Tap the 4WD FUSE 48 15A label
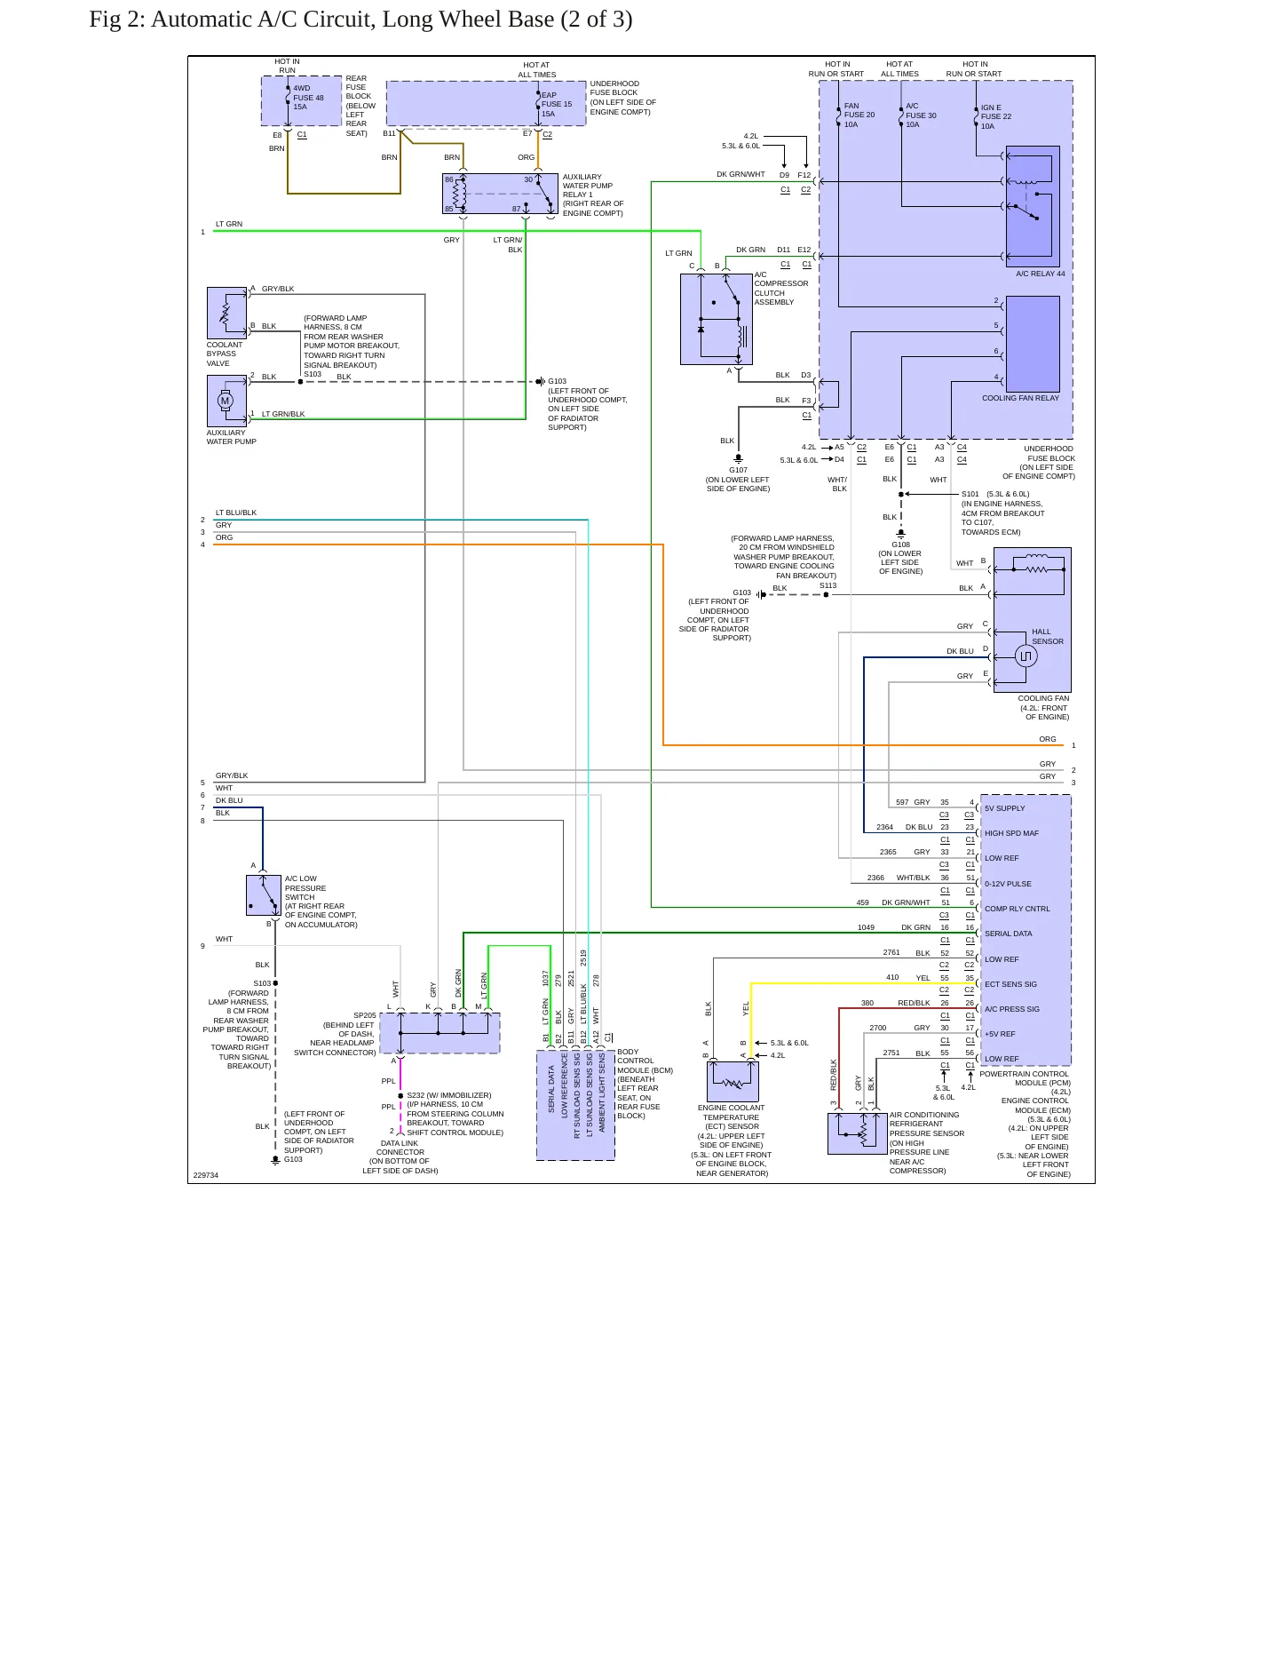tap(308, 98)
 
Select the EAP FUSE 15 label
tap(557, 99)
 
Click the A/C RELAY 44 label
tap(1040, 274)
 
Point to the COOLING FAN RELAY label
tap(1020, 398)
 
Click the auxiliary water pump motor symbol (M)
tap(225, 401)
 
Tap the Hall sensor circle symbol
tap(1026, 656)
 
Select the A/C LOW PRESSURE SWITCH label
tap(305, 887)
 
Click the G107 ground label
tap(738, 470)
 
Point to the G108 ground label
tap(900, 544)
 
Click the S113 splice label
tap(828, 585)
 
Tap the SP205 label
tap(364, 1015)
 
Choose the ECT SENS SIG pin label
tap(1010, 984)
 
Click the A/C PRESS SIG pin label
tap(1011, 1009)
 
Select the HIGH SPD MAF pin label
tap(1011, 833)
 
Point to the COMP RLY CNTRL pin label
tap(1017, 909)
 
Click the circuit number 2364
tap(884, 827)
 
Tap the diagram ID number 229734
tap(205, 1175)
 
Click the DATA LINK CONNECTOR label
tap(400, 1148)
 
